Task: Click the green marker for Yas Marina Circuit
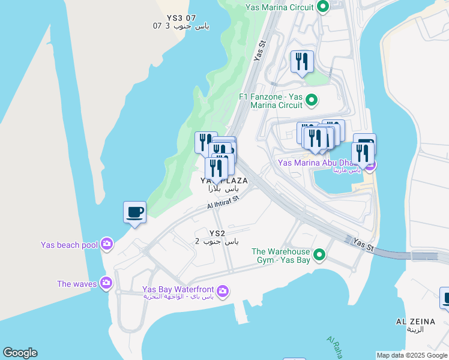323,7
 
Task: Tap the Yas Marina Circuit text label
280,7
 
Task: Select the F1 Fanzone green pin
311,100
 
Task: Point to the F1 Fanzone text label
271,100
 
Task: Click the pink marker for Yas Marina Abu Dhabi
370,165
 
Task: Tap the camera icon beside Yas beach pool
107,244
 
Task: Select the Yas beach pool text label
69,244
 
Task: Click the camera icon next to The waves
107,283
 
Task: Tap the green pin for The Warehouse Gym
319,256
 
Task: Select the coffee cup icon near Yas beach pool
134,212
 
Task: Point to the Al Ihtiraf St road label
223,202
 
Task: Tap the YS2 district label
217,233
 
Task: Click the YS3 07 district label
174,18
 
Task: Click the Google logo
20,353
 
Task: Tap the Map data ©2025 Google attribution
412,355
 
